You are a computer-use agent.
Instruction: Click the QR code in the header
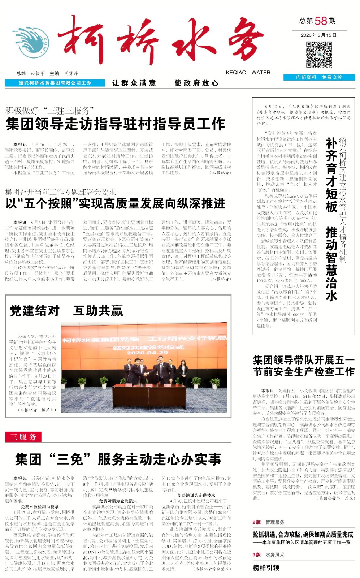pyautogui.click(x=319, y=55)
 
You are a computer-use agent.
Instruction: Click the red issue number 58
pyautogui.click(x=321, y=21)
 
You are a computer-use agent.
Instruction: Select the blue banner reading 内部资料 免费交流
pyautogui.click(x=319, y=77)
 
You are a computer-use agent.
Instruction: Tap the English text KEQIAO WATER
pyautogui.click(x=248, y=73)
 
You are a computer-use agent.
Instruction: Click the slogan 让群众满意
pyautogui.click(x=134, y=83)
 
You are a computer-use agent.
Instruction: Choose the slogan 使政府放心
pyautogui.click(x=196, y=83)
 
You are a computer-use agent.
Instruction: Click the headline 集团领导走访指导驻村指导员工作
pyautogui.click(x=116, y=124)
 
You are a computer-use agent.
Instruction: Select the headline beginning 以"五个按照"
pyautogui.click(x=116, y=203)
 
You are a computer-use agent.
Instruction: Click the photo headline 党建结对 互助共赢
pyautogui.click(x=66, y=310)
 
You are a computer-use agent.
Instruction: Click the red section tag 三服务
pyautogui.click(x=23, y=437)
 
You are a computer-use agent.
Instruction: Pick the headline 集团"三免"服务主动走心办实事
pyautogui.click(x=118, y=459)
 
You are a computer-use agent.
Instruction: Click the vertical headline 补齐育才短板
pyautogui.click(x=331, y=174)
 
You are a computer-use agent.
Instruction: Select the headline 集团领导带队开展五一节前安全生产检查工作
pyautogui.click(x=304, y=366)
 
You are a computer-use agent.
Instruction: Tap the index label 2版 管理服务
pyautogui.click(x=268, y=522)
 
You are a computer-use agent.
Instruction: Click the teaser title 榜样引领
pyautogui.click(x=266, y=568)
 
